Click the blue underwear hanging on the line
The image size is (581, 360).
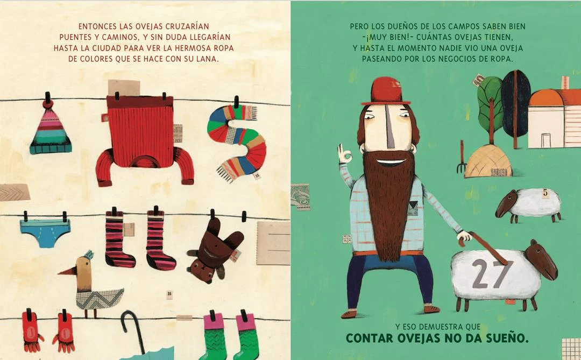[x=45, y=232]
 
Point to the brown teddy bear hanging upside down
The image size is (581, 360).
[x=214, y=250]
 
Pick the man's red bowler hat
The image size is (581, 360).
[x=386, y=91]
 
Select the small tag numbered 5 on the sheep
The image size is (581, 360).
[x=545, y=193]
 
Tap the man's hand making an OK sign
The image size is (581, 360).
[x=345, y=154]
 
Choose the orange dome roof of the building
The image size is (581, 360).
[x=544, y=97]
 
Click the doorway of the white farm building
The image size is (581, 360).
[x=546, y=140]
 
